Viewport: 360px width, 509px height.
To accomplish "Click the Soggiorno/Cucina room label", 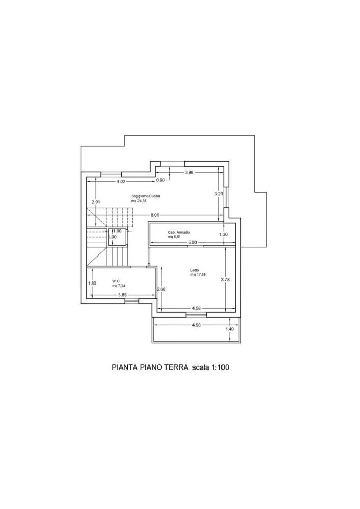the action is pos(146,196).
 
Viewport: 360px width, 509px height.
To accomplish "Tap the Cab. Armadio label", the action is pos(179,232).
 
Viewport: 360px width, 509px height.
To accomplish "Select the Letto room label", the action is pos(195,270).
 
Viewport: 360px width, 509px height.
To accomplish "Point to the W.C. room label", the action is pos(116,281).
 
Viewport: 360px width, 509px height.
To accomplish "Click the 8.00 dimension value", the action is pos(155,215).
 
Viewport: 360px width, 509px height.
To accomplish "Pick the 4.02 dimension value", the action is pos(121,182).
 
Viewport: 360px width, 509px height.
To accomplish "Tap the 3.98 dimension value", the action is pos(189,173).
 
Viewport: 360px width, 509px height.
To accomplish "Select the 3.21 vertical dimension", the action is pos(219,194).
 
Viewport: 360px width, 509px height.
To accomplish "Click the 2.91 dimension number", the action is pos(96,202).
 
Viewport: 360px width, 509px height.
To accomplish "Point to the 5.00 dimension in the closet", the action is pos(193,242).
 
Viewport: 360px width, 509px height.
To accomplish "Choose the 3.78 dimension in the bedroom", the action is pos(225,279).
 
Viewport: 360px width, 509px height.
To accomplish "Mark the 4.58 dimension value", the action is pos(197,308).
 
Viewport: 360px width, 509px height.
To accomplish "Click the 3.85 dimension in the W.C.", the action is pos(122,295).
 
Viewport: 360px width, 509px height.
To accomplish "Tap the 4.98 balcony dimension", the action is pos(197,325).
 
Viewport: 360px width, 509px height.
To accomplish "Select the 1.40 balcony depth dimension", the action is pos(229,329).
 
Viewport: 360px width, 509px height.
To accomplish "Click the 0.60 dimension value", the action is pos(161,180).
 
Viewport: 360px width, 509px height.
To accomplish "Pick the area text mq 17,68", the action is pos(198,275).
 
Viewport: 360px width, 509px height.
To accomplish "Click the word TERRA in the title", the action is pos(176,367).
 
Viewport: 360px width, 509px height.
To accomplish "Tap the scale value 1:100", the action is pos(220,367).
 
